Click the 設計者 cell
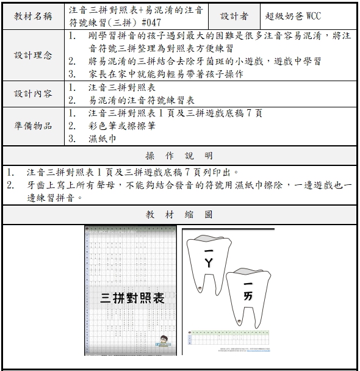click(x=234, y=16)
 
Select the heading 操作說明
click(x=179, y=155)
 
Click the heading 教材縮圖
click(x=179, y=214)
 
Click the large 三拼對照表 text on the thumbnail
click(x=132, y=298)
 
